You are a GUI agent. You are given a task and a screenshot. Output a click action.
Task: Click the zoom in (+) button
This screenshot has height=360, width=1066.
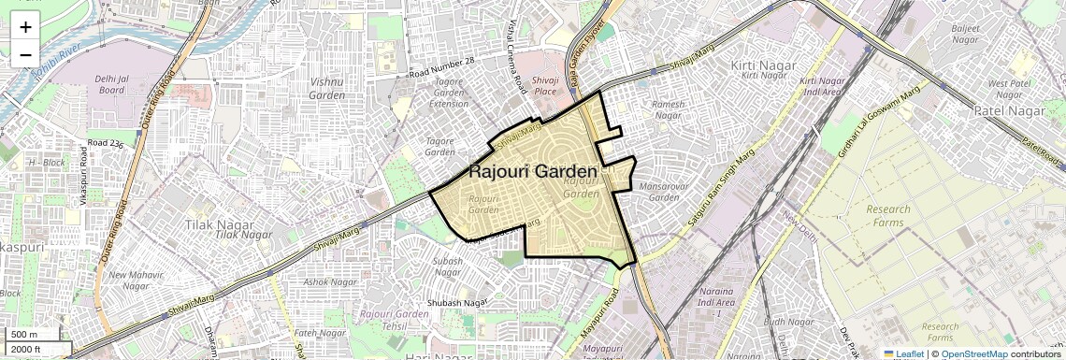pyautogui.click(x=25, y=26)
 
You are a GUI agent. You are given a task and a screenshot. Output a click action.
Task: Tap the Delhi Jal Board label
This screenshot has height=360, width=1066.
pyautogui.click(x=110, y=85)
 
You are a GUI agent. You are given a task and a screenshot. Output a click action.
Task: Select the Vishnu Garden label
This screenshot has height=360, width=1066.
pyautogui.click(x=326, y=88)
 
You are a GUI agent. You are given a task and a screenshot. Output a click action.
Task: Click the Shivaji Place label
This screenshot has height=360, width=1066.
pyautogui.click(x=545, y=86)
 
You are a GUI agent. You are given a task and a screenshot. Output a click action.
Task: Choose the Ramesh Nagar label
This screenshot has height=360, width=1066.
pyautogui.click(x=668, y=109)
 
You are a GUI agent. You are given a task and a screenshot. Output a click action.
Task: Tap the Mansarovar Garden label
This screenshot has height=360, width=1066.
pyautogui.click(x=663, y=192)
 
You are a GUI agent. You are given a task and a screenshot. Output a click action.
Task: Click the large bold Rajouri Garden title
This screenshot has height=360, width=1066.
pyautogui.click(x=532, y=172)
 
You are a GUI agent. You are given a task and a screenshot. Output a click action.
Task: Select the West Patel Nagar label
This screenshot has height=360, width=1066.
pyautogui.click(x=1010, y=89)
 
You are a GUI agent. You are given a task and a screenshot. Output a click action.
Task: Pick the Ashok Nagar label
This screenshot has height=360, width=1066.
pyautogui.click(x=330, y=281)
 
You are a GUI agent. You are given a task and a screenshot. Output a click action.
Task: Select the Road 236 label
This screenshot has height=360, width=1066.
pyautogui.click(x=105, y=143)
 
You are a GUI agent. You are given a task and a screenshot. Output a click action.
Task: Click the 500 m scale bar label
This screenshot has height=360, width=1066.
pyautogui.click(x=24, y=335)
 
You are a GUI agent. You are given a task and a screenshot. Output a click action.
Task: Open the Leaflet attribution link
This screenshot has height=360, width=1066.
pyautogui.click(x=902, y=354)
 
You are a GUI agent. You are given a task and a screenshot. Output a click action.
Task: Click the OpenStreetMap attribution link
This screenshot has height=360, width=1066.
pyautogui.click(x=973, y=354)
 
